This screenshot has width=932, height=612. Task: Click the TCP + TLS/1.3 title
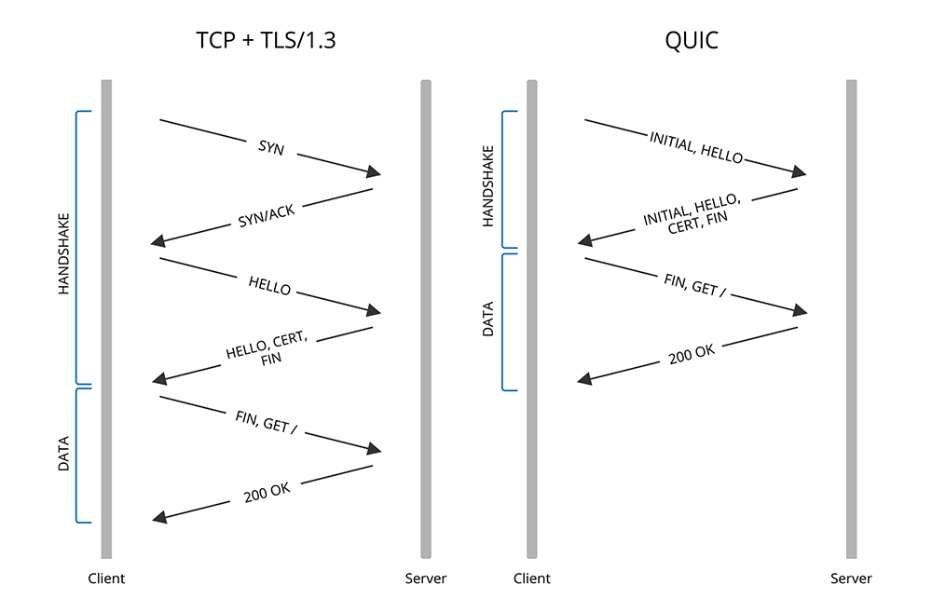[x=266, y=40]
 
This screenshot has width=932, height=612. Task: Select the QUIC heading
[x=691, y=40]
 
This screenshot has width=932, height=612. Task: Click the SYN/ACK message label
[x=267, y=216]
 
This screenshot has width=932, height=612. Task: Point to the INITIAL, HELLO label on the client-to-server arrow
[x=696, y=147]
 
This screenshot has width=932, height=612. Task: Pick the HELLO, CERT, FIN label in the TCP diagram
[x=267, y=350]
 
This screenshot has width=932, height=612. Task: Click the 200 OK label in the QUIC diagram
[x=692, y=353]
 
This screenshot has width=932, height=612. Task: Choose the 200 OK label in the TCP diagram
[x=267, y=491]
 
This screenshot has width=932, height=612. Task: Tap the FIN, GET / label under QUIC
[x=695, y=285]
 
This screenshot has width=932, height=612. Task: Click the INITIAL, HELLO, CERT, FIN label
[x=692, y=213]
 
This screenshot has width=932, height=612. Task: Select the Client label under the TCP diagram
[x=106, y=578]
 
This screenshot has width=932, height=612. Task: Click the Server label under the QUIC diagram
[x=851, y=578]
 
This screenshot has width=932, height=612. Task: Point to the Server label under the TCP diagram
[x=426, y=578]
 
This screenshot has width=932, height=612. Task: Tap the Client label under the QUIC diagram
[x=532, y=578]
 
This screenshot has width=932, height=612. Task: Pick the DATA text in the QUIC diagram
[x=488, y=320]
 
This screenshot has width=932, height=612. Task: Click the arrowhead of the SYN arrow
[x=375, y=172]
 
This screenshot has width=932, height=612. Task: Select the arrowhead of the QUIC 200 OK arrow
[x=584, y=379]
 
